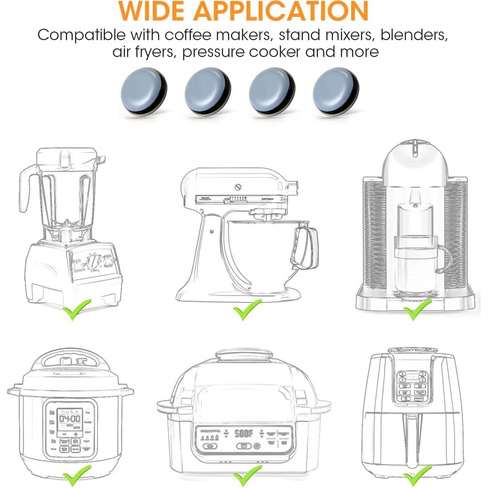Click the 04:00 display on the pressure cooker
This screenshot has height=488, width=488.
[70, 419]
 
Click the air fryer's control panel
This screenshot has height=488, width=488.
[412, 386]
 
